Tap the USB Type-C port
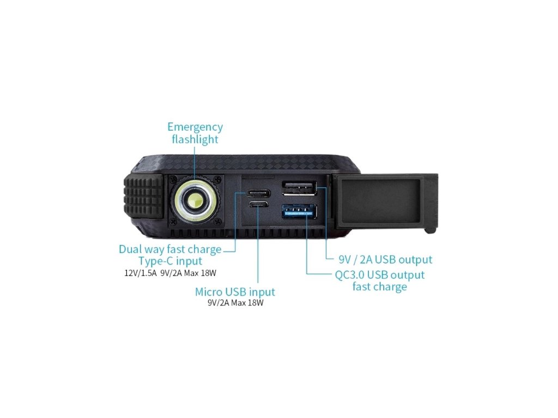pyautogui.click(x=258, y=193)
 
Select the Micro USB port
pyautogui.click(x=258, y=205)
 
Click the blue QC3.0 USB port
pyautogui.click(x=299, y=211)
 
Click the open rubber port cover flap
pyautogui.click(x=387, y=199)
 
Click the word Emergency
pyautogui.click(x=195, y=127)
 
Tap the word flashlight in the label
pyautogui.click(x=195, y=139)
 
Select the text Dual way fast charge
pyautogui.click(x=170, y=249)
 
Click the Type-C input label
pyautogui.click(x=170, y=261)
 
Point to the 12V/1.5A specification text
pyautogui.click(x=141, y=273)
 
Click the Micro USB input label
pyautogui.click(x=235, y=292)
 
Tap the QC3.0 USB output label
pyautogui.click(x=379, y=274)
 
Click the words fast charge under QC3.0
pyautogui.click(x=379, y=287)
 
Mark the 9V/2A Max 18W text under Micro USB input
pyautogui.click(x=235, y=303)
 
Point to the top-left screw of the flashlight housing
pyautogui.click(x=173, y=180)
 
